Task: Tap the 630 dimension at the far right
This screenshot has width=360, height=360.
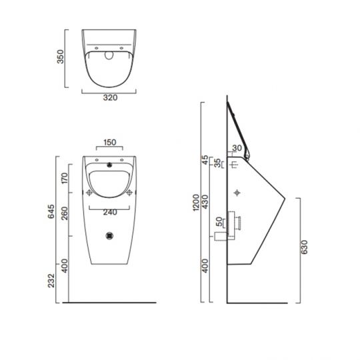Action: coord(306,248)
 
